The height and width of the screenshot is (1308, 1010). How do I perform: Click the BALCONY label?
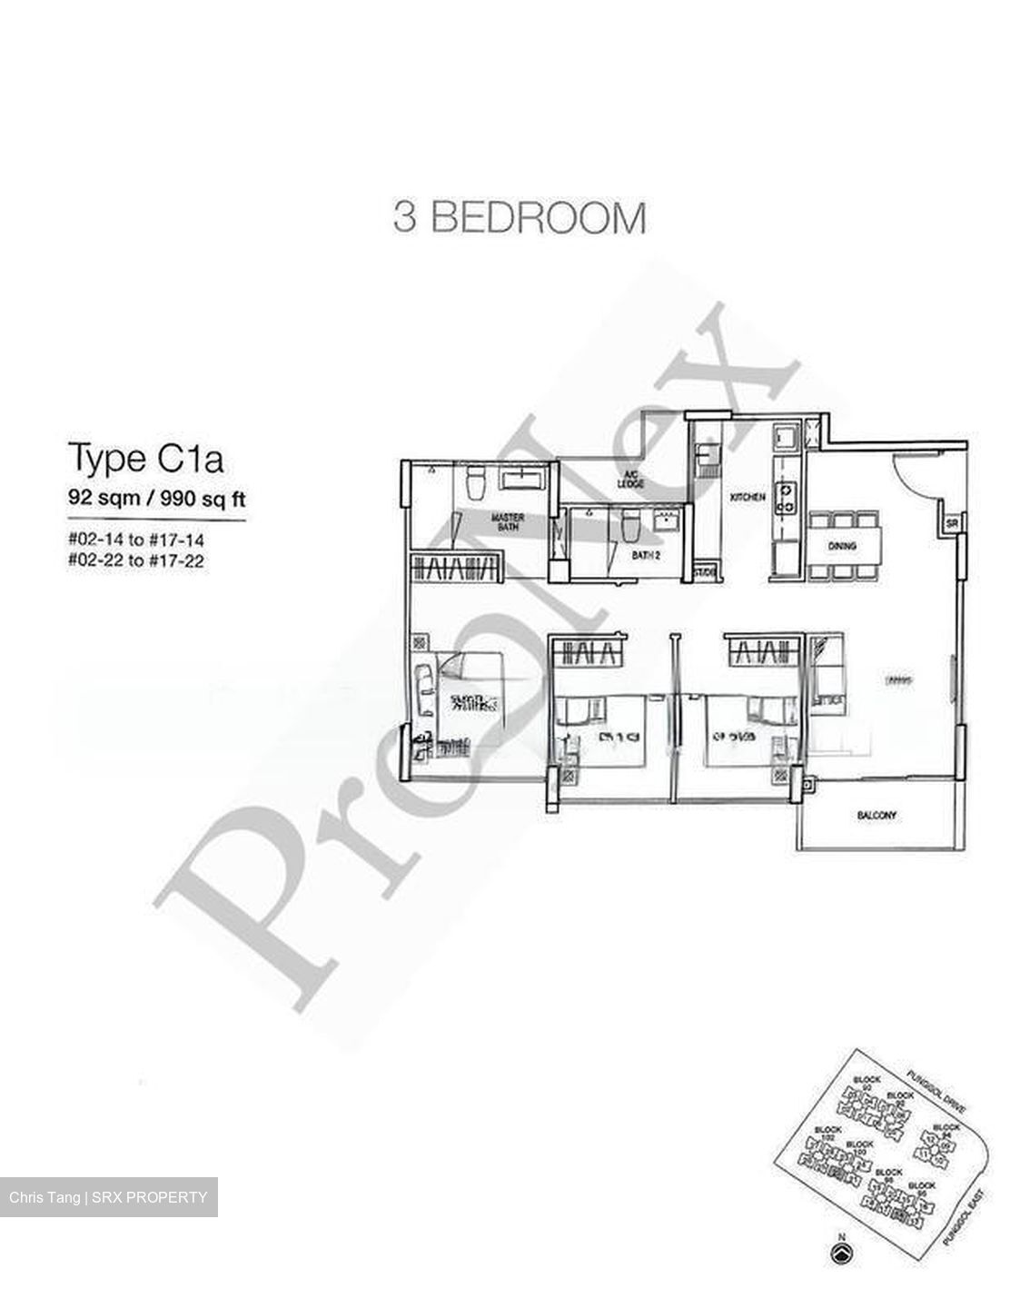click(x=876, y=815)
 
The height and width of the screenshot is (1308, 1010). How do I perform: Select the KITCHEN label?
click(x=748, y=497)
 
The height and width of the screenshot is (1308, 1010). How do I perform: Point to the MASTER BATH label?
click(x=507, y=522)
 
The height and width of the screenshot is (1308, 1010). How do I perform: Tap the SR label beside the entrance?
click(x=951, y=524)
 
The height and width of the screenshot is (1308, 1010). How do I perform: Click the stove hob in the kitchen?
click(x=786, y=496)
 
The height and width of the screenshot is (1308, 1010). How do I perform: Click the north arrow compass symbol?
click(x=841, y=1253)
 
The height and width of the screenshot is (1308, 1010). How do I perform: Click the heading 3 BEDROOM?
click(x=520, y=218)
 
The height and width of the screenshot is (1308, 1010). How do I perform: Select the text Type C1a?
click(x=145, y=459)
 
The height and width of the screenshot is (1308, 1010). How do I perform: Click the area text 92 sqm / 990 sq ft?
click(x=157, y=498)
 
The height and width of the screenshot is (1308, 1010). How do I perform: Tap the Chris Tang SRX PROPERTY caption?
click(x=109, y=1197)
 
